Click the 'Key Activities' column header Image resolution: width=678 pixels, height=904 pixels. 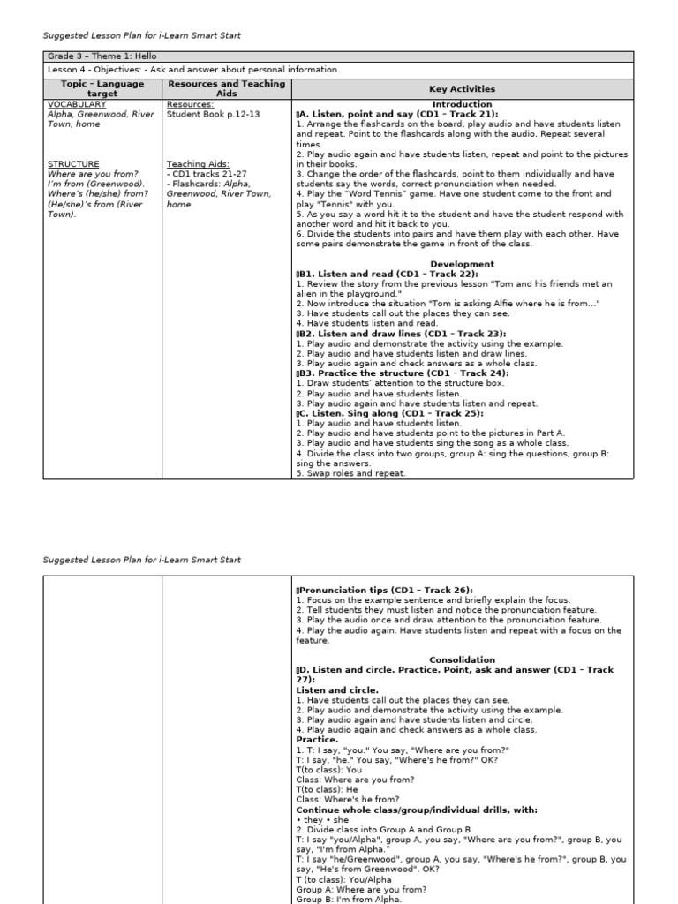(x=462, y=89)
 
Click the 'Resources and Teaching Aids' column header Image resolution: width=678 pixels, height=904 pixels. (x=227, y=88)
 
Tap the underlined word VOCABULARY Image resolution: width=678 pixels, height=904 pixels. (x=77, y=104)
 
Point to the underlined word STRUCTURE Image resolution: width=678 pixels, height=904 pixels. (x=73, y=164)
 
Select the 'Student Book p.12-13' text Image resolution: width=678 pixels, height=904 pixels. (x=213, y=115)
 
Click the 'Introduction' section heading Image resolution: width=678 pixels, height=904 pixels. (x=462, y=104)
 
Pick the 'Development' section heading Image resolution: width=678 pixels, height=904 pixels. (x=462, y=264)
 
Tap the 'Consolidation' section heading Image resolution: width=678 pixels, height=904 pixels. (x=462, y=659)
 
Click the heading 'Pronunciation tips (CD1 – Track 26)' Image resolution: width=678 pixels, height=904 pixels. (x=386, y=590)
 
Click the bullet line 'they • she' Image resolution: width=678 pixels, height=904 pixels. (x=322, y=820)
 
